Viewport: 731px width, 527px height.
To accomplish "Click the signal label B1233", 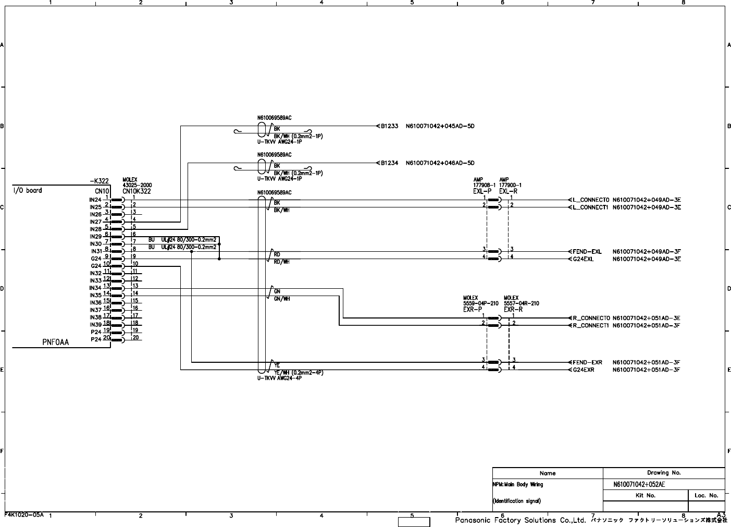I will tap(389, 126).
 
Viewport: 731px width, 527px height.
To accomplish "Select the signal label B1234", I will tap(389, 163).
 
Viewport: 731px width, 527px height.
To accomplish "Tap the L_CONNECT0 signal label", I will tap(591, 200).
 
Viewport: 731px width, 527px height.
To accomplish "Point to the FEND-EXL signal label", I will tap(587, 252).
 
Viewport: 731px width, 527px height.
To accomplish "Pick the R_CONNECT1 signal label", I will tap(591, 326).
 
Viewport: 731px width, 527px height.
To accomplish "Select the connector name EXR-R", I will tap(513, 310).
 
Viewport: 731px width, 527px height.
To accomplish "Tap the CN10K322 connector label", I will tap(137, 191).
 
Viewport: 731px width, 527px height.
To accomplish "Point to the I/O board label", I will tap(28, 191).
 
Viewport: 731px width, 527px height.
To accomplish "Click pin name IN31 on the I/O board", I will tap(96, 251).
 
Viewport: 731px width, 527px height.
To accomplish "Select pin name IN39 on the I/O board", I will tap(95, 325).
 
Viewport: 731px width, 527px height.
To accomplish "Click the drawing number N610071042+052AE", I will tap(639, 484).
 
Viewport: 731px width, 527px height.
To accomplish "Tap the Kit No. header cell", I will tap(646, 496).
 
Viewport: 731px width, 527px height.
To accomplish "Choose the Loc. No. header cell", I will tap(706, 496).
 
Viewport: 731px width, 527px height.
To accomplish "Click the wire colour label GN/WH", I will tap(282, 299).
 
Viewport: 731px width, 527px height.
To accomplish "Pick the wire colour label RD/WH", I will tap(282, 262).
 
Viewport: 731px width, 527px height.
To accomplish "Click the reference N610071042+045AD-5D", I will tap(440, 126).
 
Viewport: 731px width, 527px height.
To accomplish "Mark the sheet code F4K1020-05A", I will tap(24, 514).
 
